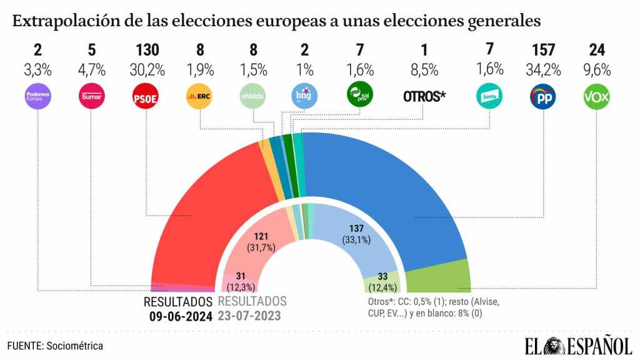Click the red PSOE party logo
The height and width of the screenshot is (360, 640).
click(x=145, y=97)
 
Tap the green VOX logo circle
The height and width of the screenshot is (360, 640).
click(x=596, y=97)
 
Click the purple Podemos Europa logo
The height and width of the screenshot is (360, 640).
click(x=37, y=97)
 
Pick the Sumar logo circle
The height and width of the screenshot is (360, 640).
click(x=91, y=97)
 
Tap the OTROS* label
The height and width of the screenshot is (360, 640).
click(x=424, y=97)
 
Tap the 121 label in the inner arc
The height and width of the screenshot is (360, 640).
click(x=262, y=236)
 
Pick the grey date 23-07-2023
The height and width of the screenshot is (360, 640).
click(x=249, y=316)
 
